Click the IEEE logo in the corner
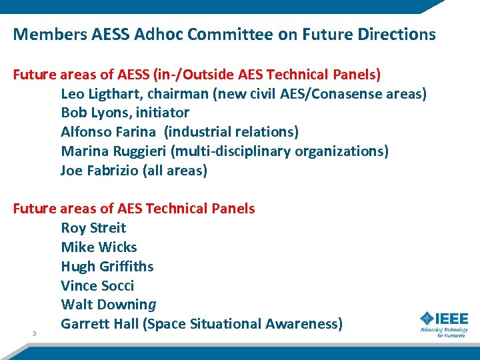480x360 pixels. click(x=444, y=323)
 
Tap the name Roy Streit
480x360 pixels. click(x=93, y=228)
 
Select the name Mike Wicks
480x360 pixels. click(x=99, y=247)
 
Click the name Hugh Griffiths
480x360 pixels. click(x=107, y=267)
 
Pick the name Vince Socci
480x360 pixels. click(x=97, y=286)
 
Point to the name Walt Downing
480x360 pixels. click(x=109, y=305)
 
